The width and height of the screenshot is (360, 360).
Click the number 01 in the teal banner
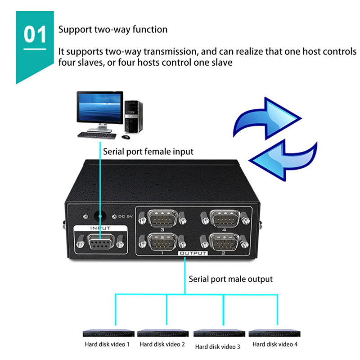pos(35,35)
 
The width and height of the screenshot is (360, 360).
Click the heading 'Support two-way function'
pos(113,30)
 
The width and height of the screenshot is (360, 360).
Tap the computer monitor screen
pos(99,108)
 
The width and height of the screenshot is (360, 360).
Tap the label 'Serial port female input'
pos(148,152)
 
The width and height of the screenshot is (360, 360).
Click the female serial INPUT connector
pos(100,244)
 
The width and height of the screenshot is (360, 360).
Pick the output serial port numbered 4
pos(225,220)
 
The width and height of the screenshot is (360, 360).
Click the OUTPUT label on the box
pos(193,253)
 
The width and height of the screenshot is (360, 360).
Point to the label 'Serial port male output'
pos(230,279)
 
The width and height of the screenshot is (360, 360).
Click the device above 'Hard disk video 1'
pos(109,333)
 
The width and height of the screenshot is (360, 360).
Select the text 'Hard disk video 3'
pos(218,347)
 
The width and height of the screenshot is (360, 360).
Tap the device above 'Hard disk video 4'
pos(274,333)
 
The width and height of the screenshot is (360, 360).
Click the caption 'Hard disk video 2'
pos(162,345)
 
